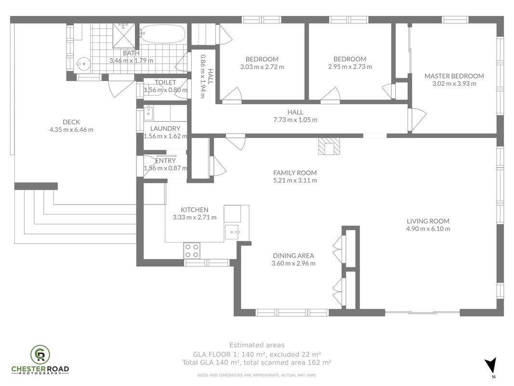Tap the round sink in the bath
pos(83,64)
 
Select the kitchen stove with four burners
pos(192,250)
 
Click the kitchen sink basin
pos(232,232)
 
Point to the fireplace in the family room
pos(329,146)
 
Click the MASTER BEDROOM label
pos(454,76)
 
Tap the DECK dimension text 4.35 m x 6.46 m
pos(71,130)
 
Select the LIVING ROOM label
pos(428,221)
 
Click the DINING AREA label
pos(293,256)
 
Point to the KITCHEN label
pos(195,210)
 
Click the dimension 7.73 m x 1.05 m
pos(295,120)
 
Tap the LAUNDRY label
pos(165,129)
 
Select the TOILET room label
pos(166,83)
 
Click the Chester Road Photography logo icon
pos(40,354)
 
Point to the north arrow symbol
pos(490,365)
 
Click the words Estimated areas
pos(257,345)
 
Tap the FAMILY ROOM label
pos(295,173)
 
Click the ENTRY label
pos(165,161)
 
